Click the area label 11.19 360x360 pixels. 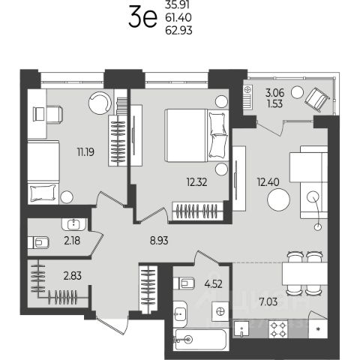coord(85,151)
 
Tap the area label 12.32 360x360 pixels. coord(196,182)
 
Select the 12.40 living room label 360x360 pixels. coord(268,181)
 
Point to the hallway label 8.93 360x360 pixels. coord(159,241)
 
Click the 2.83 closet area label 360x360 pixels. coord(73,276)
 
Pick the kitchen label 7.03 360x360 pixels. coord(268,301)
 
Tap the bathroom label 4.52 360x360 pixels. coord(213,284)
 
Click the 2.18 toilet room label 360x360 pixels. coord(72,241)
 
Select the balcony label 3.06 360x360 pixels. coord(274,93)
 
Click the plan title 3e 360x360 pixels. coord(142,17)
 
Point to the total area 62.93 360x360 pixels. coord(178,30)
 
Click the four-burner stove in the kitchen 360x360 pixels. coord(278,329)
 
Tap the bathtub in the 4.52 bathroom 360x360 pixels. coord(201,340)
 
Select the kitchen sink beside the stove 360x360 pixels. coord(241,329)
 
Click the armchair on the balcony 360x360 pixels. coord(316,100)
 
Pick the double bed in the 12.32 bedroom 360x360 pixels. coord(196,135)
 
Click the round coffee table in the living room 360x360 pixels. coord(278,200)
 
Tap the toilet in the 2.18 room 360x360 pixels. coord(38,242)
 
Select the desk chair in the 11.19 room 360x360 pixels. coord(48,114)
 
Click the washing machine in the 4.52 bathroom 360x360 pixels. coord(220,311)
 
